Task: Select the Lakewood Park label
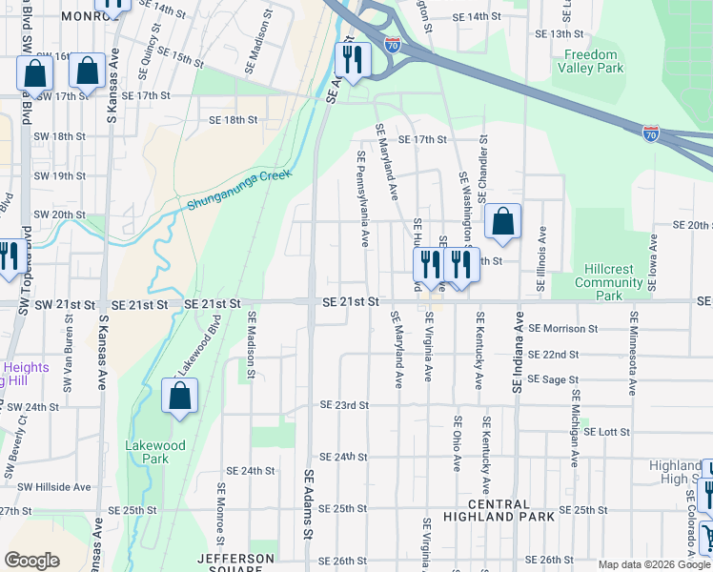pos(147,451)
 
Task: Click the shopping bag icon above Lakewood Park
pos(179,397)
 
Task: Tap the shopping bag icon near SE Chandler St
pos(502,222)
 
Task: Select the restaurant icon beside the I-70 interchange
pos(353,60)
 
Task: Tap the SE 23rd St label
pos(344,405)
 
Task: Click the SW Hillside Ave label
pos(55,486)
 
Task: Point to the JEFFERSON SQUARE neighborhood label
pos(235,563)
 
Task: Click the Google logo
pos(31,561)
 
